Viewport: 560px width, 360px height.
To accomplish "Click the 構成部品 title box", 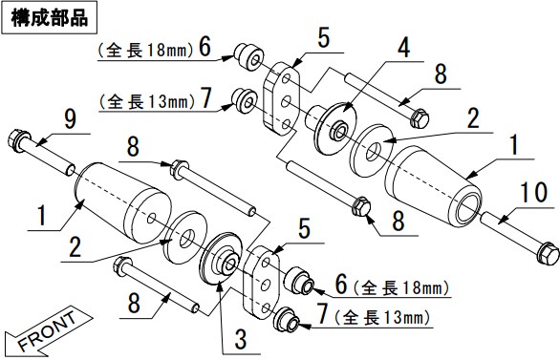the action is point(50,17).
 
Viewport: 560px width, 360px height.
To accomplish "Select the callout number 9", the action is point(71,119).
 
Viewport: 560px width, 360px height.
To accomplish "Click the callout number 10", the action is point(534,192).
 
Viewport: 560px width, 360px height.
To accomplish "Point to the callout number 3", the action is point(241,339).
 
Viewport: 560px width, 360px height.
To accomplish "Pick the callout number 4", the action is point(404,48).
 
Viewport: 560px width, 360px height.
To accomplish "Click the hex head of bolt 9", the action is point(19,140).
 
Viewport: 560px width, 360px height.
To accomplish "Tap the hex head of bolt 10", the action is point(548,253).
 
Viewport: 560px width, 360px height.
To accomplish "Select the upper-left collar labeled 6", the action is point(248,56).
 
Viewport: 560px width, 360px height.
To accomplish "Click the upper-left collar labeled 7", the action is point(245,100).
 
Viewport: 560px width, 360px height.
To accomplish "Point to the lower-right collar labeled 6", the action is point(298,282).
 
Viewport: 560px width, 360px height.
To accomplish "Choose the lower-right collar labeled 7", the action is point(287,319).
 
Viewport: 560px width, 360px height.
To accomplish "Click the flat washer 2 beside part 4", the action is point(372,151).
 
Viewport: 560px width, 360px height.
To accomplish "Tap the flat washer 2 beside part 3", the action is point(185,238).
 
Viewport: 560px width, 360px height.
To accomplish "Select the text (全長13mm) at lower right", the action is point(382,317).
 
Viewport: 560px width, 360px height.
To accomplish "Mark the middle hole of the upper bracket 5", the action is point(286,102).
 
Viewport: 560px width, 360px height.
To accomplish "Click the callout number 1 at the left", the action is point(42,215).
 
